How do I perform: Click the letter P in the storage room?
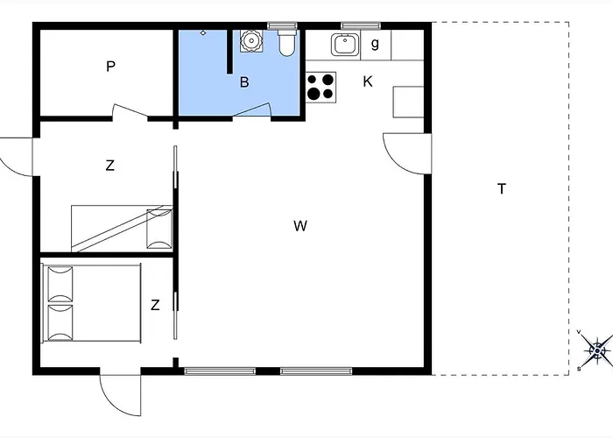coord(110,67)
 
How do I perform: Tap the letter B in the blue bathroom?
coord(244,82)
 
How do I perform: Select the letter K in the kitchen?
coord(368,81)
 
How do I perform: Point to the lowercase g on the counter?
coord(375,44)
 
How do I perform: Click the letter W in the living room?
coord(300,226)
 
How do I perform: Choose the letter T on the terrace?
coord(502,189)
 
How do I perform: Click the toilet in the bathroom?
coord(287,42)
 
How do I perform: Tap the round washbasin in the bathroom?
coord(250,40)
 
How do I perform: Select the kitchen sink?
coord(345,45)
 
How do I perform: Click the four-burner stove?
coord(321,88)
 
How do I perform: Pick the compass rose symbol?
coord(597,350)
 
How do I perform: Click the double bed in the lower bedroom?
coord(91,303)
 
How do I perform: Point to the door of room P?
coord(130,110)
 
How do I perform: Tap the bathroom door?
coord(252,109)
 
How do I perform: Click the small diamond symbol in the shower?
coord(203,33)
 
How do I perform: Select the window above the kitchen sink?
coord(361,25)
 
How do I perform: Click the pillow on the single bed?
coord(159,230)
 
